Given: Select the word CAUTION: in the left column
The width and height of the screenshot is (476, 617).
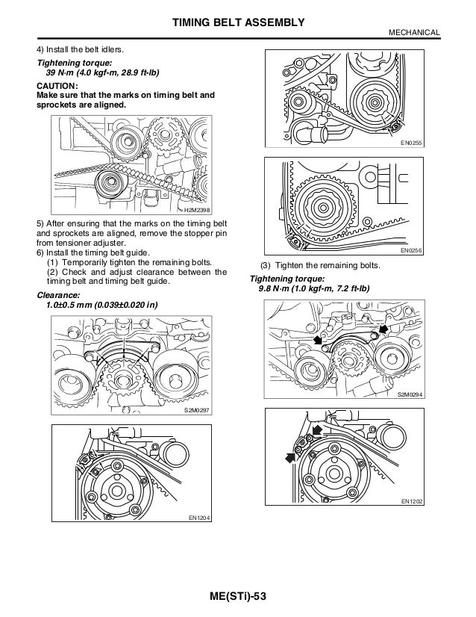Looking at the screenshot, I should (57, 87).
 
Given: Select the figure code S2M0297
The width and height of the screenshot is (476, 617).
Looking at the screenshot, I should (198, 412).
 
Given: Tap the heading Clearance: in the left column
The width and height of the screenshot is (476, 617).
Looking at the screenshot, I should (57, 295).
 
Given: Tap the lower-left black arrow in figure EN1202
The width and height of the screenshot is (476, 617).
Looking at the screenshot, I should (289, 457).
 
